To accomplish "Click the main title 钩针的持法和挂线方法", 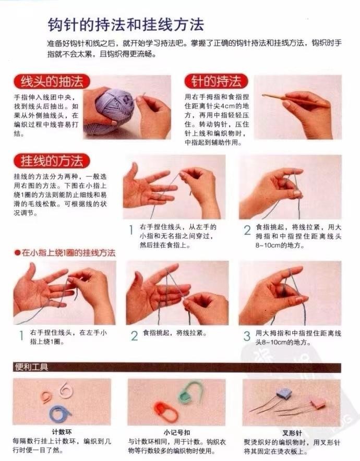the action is pyautogui.click(x=126, y=25).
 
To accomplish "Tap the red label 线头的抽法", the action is pyautogui.click(x=52, y=81).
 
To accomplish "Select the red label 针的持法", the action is pyautogui.click(x=216, y=81).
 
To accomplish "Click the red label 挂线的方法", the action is pyautogui.click(x=52, y=161).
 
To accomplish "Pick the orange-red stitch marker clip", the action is pyautogui.click(x=165, y=411).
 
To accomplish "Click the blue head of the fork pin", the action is pyautogui.click(x=283, y=394).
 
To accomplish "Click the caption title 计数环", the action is pyautogui.click(x=62, y=432).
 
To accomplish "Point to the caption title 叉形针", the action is pyautogui.click(x=292, y=433).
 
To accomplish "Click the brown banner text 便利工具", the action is pyautogui.click(x=31, y=367).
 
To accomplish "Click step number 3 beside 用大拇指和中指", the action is pyautogui.click(x=247, y=336).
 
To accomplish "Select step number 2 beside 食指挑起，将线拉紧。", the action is pyautogui.click(x=135, y=336).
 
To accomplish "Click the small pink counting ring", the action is pyautogui.click(x=46, y=397).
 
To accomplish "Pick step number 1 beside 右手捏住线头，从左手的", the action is pyautogui.click(x=131, y=230).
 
